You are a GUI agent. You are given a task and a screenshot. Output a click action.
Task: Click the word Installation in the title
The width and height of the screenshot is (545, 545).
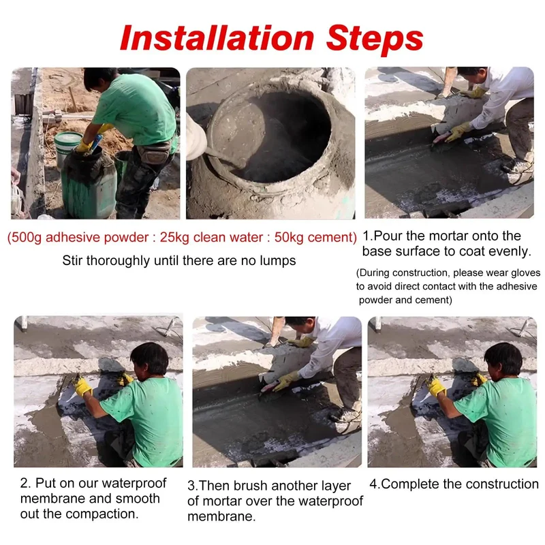tap(217, 38)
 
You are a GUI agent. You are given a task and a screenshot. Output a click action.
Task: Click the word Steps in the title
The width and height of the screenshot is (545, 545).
tap(375, 41)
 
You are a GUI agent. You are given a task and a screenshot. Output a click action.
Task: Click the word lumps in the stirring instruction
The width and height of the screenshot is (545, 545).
tap(278, 261)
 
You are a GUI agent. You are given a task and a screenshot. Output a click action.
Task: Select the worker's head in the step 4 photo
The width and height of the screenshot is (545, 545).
tap(501, 359)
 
